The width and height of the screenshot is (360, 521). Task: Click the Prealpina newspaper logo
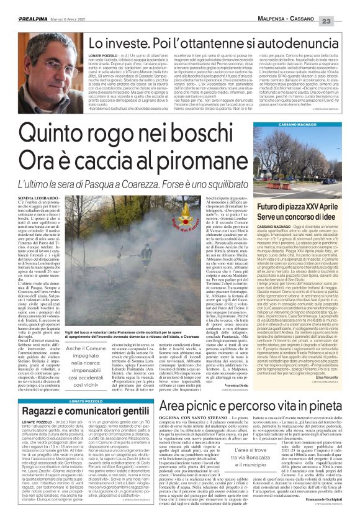point(20,6)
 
